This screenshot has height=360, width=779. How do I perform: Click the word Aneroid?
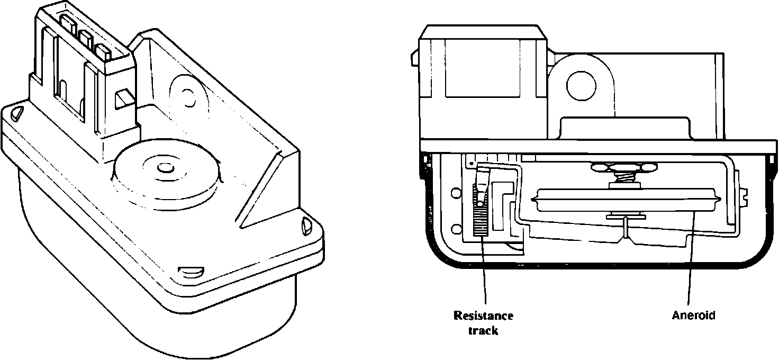[x=693, y=316]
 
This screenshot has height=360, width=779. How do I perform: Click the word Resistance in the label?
[x=483, y=316]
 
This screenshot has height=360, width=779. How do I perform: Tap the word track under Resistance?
[x=483, y=331]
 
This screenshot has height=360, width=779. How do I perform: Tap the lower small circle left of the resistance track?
[x=454, y=229]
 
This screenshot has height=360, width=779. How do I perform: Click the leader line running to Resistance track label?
[x=485, y=275]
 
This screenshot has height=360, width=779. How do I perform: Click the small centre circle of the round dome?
[x=166, y=168]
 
